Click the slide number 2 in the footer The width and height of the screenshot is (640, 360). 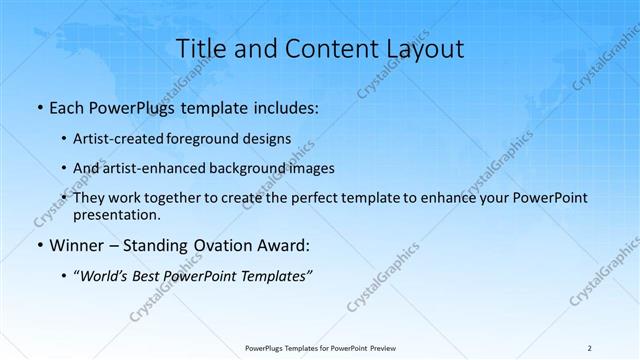[590, 347]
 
